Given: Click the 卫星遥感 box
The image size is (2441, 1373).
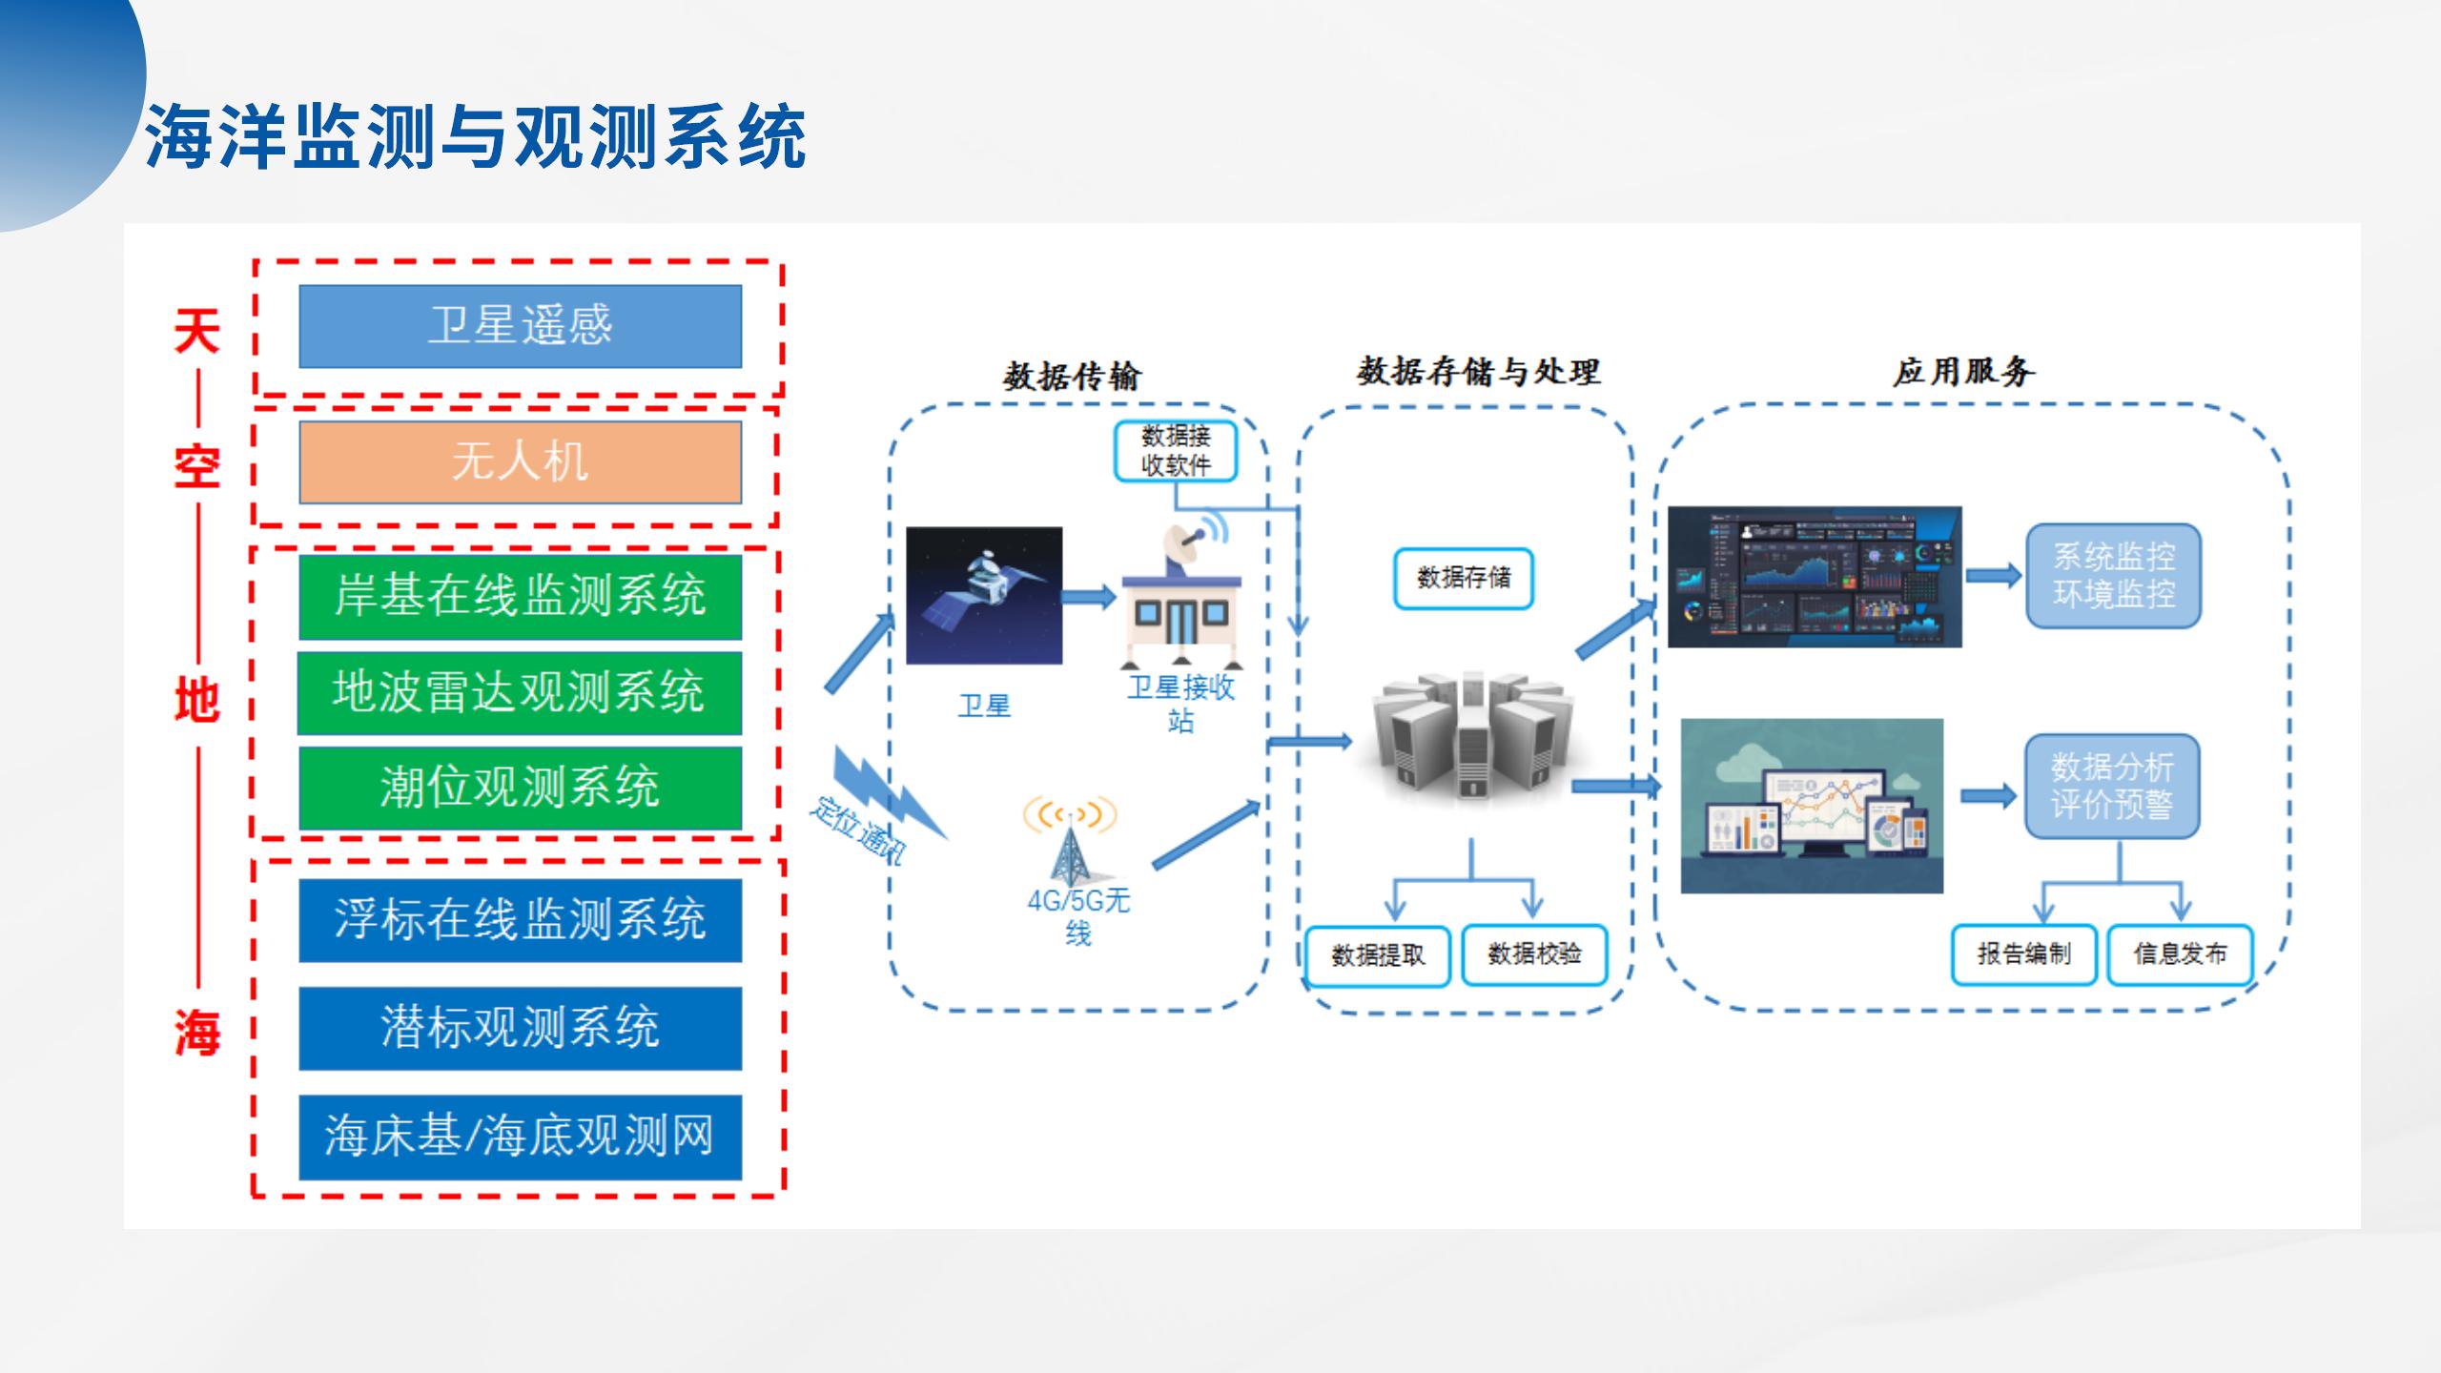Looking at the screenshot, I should pyautogui.click(x=520, y=326).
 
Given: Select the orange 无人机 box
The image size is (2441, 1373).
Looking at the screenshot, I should pyautogui.click(x=520, y=462).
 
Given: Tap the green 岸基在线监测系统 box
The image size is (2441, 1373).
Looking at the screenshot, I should pyautogui.click(x=520, y=597).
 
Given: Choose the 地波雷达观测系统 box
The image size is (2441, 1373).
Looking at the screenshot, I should pyautogui.click(x=520, y=692).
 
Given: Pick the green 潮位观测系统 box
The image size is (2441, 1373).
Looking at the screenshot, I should pyautogui.click(x=520, y=788).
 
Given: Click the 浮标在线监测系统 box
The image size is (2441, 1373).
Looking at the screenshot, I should pyautogui.click(x=520, y=920).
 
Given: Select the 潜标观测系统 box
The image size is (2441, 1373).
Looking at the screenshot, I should pyautogui.click(x=520, y=1028).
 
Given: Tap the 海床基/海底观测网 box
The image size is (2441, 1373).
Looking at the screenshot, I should pyautogui.click(x=520, y=1137).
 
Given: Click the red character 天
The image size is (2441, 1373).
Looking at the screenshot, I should pyautogui.click(x=197, y=332).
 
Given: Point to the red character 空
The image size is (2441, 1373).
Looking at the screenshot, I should pyautogui.click(x=197, y=467).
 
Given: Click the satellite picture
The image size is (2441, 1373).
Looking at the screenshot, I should pyautogui.click(x=984, y=596).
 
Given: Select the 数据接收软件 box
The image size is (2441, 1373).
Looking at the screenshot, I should pyautogui.click(x=1176, y=451).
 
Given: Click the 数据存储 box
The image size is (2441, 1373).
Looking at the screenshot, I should pyautogui.click(x=1464, y=578).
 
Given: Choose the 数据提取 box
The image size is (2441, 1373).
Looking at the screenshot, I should pyautogui.click(x=1378, y=955).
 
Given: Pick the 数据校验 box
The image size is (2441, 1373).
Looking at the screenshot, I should pyautogui.click(x=1534, y=954).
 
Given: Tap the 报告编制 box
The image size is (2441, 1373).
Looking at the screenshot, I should pyautogui.click(x=2023, y=954).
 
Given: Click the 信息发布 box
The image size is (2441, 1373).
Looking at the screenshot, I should pyautogui.click(x=2180, y=954).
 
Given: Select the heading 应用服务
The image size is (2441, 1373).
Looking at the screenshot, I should pyautogui.click(x=1963, y=371).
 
